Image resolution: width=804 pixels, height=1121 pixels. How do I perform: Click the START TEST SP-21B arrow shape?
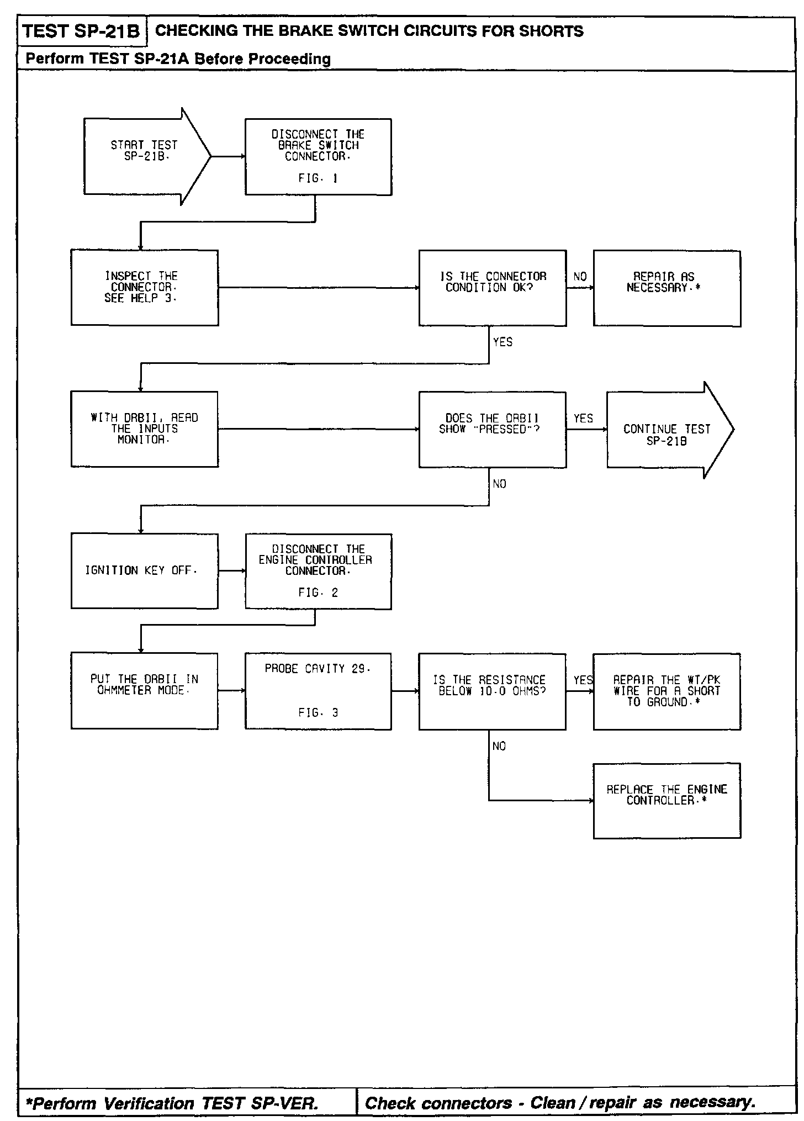click(145, 156)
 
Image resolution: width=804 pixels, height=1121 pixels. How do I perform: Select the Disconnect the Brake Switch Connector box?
click(318, 157)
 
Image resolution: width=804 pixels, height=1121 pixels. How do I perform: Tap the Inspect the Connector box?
click(144, 287)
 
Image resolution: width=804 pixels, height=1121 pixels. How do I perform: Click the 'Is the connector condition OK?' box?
click(492, 288)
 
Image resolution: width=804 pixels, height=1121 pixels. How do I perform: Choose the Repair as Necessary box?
click(667, 288)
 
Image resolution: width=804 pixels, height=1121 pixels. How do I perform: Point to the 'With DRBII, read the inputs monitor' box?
click(144, 429)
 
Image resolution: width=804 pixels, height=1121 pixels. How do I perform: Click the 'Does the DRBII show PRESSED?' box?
click(492, 430)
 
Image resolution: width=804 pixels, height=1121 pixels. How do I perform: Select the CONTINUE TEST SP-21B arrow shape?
click(667, 430)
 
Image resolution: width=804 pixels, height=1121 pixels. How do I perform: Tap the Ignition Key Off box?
click(144, 571)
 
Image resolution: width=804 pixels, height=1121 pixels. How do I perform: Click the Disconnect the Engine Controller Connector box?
click(318, 571)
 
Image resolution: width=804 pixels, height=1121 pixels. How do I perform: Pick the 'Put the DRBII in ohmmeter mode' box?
click(144, 691)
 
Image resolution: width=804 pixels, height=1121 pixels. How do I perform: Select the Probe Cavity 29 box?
click(318, 691)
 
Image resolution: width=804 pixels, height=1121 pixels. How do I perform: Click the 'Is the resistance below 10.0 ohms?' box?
click(492, 691)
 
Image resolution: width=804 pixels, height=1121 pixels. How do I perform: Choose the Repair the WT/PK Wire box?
click(667, 691)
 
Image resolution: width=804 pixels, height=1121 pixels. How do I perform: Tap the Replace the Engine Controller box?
click(667, 800)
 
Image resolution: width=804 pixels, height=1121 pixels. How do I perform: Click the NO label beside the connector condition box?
click(580, 277)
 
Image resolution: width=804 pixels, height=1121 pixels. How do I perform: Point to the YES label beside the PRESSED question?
click(583, 419)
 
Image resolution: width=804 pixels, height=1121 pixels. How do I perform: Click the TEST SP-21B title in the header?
click(82, 31)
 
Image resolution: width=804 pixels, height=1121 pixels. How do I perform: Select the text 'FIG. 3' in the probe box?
click(318, 713)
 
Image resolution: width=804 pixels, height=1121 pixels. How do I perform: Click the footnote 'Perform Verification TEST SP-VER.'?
click(172, 1103)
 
